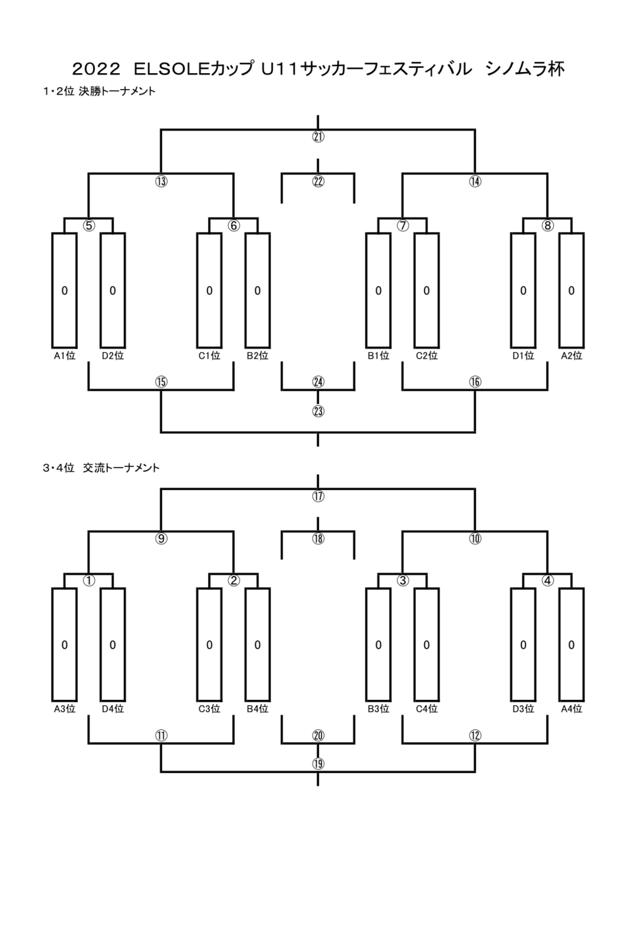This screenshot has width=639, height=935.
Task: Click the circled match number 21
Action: pos(318,137)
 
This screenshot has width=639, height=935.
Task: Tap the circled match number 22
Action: pos(318,181)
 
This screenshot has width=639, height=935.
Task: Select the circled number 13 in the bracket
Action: pos(161,181)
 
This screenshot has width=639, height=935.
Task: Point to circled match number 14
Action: pos(475,181)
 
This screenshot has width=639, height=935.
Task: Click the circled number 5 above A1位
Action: pos(89,225)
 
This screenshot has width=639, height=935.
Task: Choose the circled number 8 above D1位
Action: pos(548,225)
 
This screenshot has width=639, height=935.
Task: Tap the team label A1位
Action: pos(64,355)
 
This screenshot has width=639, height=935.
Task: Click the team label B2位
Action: pos(257,355)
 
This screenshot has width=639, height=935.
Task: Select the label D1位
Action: pos(523,355)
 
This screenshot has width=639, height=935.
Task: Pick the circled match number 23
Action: pos(318,411)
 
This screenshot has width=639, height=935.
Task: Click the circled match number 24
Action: pos(318,382)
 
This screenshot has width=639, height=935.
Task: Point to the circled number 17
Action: pos(318,496)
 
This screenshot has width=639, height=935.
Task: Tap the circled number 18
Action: pos(318,538)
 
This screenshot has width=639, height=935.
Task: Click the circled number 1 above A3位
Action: pos(89,581)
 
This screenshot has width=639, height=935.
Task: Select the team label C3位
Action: pos(209,709)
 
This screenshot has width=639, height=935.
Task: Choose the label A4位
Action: pos(571,709)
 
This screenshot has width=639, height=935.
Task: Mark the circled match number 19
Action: pos(318,763)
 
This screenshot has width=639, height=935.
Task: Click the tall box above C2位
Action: pos(427,290)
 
